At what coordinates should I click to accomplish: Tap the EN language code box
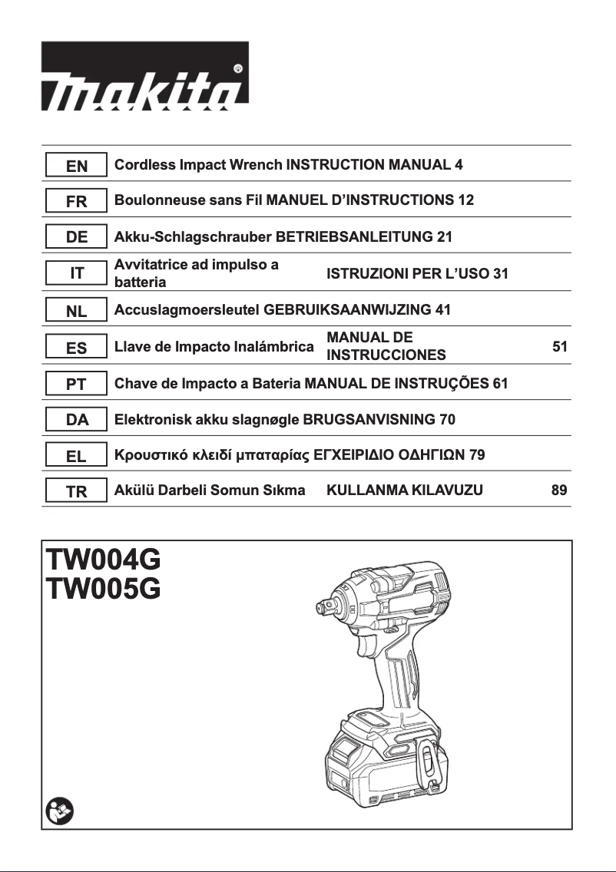click(x=77, y=166)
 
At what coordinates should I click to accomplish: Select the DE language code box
click(x=77, y=237)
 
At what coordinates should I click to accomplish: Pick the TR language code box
click(x=77, y=492)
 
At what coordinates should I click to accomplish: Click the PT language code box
click(x=77, y=384)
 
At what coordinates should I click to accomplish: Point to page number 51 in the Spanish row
click(x=560, y=347)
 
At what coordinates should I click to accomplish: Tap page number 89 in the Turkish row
click(x=560, y=490)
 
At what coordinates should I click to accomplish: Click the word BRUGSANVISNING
click(x=369, y=420)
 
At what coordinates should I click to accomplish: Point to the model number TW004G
click(x=104, y=559)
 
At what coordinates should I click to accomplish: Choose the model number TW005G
click(x=104, y=589)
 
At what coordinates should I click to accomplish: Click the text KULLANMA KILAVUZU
click(x=405, y=490)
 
